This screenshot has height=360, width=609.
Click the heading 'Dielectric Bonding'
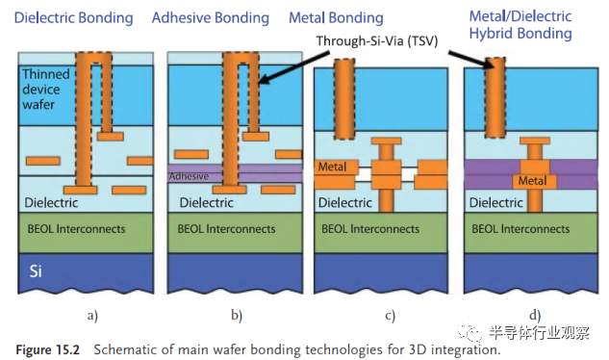pyautogui.click(x=74, y=18)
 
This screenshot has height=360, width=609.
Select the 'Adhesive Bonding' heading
pyautogui.click(x=211, y=18)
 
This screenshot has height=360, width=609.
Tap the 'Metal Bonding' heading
pyautogui.click(x=336, y=18)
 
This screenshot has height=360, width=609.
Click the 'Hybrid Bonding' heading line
pyautogui.click(x=520, y=34)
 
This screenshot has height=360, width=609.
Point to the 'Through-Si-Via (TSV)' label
pyautogui.click(x=377, y=40)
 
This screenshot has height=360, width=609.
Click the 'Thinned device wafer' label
pyautogui.click(x=46, y=90)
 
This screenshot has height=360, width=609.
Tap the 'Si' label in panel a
pyautogui.click(x=36, y=271)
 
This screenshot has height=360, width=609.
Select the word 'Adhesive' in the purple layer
pyautogui.click(x=189, y=176)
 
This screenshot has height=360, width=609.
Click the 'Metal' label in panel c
pyautogui.click(x=332, y=167)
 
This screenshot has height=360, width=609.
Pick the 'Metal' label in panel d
pyautogui.click(x=532, y=181)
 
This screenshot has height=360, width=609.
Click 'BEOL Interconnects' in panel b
pyautogui.click(x=226, y=229)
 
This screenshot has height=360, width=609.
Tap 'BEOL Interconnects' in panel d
pyautogui.click(x=520, y=229)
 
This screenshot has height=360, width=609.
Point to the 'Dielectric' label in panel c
pyautogui.click(x=344, y=202)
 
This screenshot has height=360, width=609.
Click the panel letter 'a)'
pyautogui.click(x=92, y=316)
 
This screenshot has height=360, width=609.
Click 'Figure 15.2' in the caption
pyautogui.click(x=47, y=349)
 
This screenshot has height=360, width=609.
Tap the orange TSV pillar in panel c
pyautogui.click(x=344, y=99)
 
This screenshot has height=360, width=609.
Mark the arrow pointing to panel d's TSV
pyautogui.click(x=471, y=59)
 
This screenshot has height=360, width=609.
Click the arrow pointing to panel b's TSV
pyautogui.click(x=293, y=68)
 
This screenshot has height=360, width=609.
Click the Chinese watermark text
pyautogui.click(x=539, y=333)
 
